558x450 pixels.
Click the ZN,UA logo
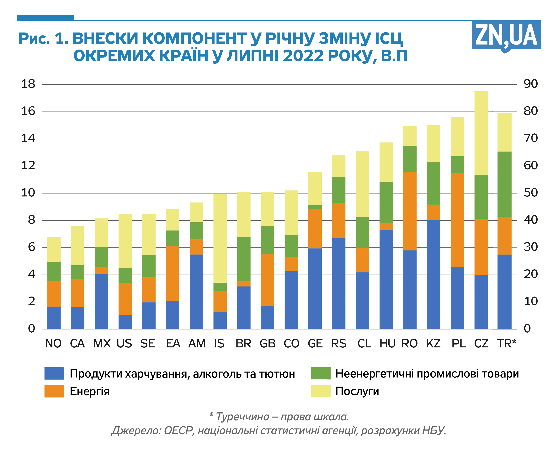tap(506, 35)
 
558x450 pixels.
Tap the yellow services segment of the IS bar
tap(220, 238)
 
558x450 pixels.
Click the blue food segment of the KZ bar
tap(434, 275)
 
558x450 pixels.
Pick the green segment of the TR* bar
tap(504, 184)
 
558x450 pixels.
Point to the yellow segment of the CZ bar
tap(481, 133)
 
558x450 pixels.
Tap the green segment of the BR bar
tap(244, 259)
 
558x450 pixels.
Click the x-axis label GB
tap(268, 344)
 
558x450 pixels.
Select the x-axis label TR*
tap(506, 344)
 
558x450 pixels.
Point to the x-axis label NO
tap(53, 344)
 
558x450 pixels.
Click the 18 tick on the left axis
tap(28, 84)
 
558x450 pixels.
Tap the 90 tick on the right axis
tap(530, 84)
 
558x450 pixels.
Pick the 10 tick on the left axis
tap(28, 193)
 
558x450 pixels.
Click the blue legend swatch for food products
tap(54, 373)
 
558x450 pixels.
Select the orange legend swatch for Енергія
tap(54, 391)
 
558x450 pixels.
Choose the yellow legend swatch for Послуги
tap(321, 391)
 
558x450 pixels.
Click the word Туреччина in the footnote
tap(243, 417)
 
